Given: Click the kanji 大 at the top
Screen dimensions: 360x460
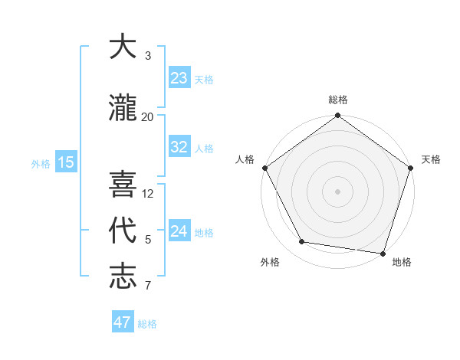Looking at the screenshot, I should pos(123,47).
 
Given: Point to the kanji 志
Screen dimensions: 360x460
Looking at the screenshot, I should pos(123,277).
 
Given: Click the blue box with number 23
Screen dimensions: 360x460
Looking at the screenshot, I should pos(179,78).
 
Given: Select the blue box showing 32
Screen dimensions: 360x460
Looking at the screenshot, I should pos(179,148).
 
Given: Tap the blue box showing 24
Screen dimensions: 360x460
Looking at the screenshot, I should pos(179,231).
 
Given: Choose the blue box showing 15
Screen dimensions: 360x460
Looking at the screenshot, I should pos(66,162).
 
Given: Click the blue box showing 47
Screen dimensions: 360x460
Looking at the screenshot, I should pos(123,322).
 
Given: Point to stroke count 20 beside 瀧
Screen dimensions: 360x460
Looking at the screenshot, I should pos(148,116).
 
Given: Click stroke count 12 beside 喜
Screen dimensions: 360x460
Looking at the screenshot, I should pos(149,193).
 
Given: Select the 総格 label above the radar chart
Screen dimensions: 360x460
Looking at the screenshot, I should pos(338,100).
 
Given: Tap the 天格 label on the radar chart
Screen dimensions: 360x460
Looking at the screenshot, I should pos(432,159).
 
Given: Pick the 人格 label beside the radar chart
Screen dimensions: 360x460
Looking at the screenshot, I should pos(245,159).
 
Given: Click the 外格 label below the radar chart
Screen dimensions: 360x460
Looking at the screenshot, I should pos(270,262).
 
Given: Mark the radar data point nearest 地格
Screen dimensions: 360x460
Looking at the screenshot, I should pos(383,253).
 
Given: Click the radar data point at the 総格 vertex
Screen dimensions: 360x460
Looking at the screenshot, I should pos(338,116).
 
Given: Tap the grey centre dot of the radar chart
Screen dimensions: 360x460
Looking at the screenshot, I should pos(338,191).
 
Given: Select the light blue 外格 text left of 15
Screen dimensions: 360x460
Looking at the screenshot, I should pos(40,163).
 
